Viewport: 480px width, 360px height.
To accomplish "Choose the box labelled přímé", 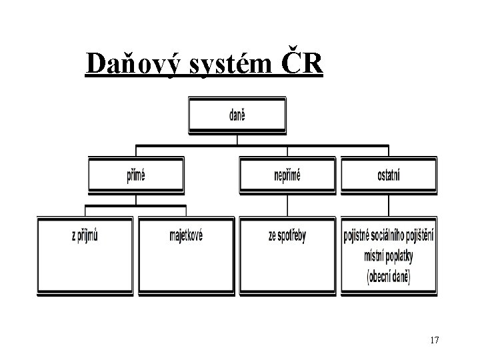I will click(x=136, y=175).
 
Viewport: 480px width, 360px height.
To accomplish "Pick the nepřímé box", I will click(x=287, y=175).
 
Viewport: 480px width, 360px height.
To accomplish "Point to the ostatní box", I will click(x=389, y=175).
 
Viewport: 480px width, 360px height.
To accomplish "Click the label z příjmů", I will click(x=85, y=235).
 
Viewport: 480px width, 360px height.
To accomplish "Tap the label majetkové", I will click(x=186, y=235).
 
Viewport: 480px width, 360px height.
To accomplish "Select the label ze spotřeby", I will click(x=287, y=235).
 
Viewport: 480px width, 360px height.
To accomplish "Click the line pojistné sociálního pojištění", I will click(x=389, y=237).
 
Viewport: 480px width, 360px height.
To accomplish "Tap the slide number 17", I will click(x=434, y=341).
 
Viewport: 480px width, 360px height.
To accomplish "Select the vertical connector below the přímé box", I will click(x=136, y=200).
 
